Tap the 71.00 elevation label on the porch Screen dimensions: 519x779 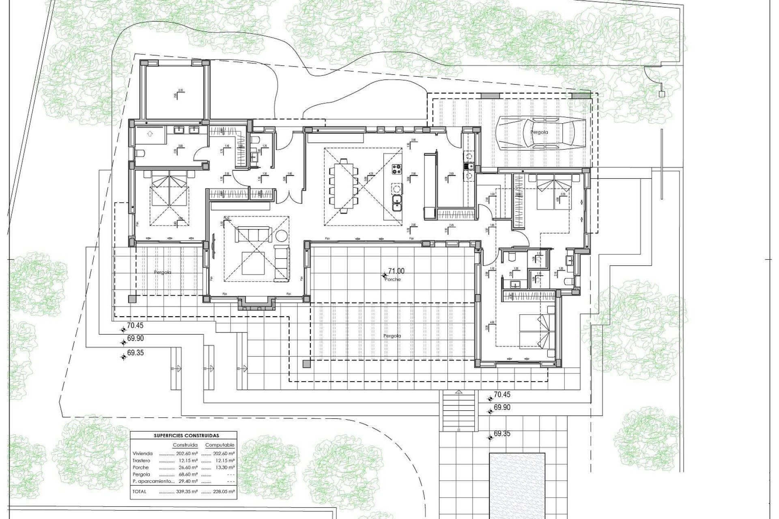tap(396, 271)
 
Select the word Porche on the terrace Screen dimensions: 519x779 tap(393, 279)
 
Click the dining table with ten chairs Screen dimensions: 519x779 tap(344, 186)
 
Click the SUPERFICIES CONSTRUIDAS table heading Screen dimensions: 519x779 tap(186, 436)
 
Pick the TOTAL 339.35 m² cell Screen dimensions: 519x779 tap(179, 491)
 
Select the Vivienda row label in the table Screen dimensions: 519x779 tap(142, 454)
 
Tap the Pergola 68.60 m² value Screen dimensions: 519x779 tap(179, 474)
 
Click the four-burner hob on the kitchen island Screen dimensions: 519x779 tap(396, 169)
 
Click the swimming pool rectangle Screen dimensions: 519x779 tap(517, 485)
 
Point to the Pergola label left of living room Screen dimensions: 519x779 tap(162, 272)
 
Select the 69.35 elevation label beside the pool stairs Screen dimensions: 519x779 tap(502, 434)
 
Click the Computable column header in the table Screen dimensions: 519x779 tap(219, 445)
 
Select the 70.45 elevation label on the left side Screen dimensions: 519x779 tap(135, 325)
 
